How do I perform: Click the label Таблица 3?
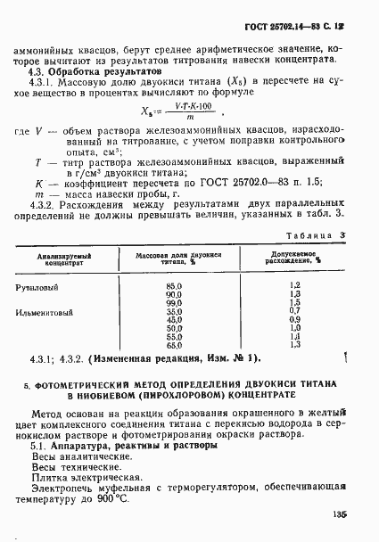tap(324, 234)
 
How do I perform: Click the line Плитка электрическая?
tap(74, 478)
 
